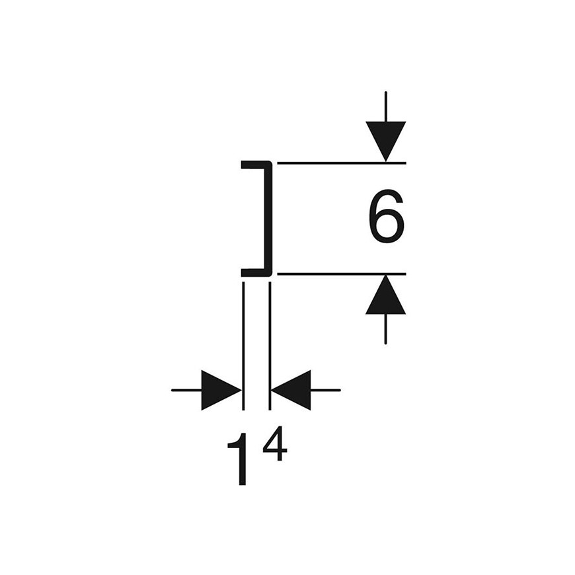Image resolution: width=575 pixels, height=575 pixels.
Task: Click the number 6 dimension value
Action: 386,216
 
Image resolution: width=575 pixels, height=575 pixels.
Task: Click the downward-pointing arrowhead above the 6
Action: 386,141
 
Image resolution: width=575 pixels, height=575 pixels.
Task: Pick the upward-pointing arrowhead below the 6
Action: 386,294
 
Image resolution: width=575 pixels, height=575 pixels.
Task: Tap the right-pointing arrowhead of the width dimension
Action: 221,390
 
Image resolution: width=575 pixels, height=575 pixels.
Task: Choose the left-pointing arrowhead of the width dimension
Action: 291,390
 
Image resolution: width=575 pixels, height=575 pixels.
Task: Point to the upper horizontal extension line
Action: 342,163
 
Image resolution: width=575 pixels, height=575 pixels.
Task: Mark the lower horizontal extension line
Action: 342,274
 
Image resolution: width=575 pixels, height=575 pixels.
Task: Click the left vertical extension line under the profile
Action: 243,346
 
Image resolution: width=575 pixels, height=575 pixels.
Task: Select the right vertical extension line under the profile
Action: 270,346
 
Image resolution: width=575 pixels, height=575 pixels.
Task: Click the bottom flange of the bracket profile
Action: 256,272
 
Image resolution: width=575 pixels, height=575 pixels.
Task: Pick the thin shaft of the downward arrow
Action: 386,106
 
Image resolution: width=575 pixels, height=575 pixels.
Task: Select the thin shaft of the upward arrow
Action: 386,329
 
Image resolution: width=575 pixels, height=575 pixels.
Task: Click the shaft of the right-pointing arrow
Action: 186,390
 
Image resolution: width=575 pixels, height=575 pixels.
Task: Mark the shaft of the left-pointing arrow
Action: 326,390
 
